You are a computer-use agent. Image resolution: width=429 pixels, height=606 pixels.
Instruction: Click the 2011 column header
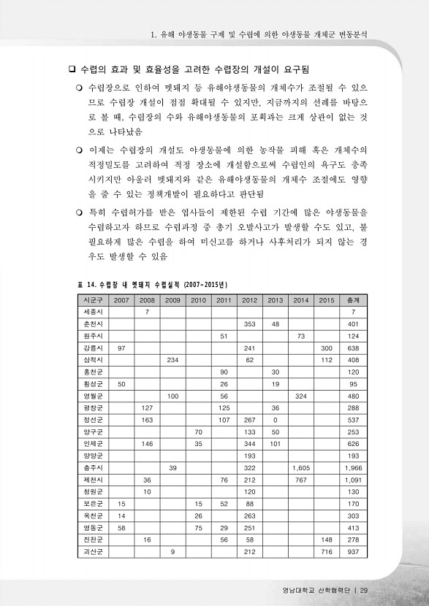(224, 299)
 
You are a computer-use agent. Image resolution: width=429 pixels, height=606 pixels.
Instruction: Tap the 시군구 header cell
(93, 299)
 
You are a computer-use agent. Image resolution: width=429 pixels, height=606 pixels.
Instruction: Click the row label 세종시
(93, 312)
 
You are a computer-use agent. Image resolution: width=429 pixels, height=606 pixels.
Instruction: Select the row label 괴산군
(93, 551)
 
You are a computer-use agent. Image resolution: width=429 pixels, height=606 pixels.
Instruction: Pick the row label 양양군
(93, 454)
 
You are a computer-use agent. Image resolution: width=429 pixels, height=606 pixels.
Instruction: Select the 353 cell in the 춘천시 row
(249, 323)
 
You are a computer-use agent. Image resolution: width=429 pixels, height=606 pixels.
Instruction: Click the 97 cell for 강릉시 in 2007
(121, 348)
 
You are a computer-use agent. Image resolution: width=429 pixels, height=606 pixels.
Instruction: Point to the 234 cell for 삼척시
(172, 359)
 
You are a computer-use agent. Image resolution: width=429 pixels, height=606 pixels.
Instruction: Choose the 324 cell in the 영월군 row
(300, 395)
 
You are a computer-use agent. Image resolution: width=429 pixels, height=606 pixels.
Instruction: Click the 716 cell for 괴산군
(326, 551)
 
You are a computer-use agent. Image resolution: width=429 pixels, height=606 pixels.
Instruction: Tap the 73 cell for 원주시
(300, 336)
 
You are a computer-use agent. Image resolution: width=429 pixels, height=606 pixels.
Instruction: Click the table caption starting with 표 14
(153, 283)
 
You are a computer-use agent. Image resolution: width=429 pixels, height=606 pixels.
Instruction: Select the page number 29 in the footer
(363, 591)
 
